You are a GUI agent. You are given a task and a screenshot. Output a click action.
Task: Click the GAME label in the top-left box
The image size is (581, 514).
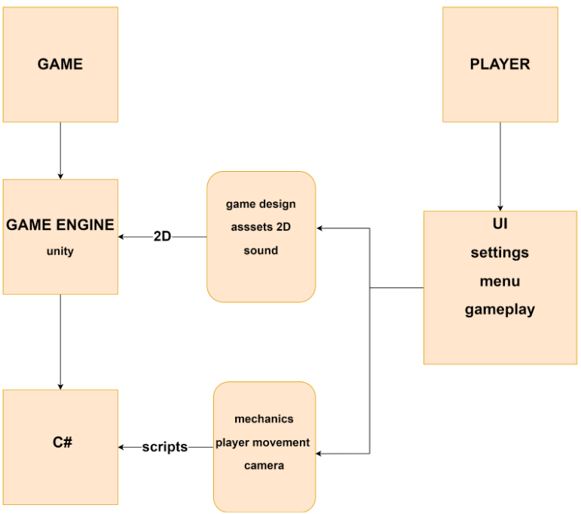[60, 64]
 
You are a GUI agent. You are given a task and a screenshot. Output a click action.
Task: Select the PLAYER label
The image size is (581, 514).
[500, 64]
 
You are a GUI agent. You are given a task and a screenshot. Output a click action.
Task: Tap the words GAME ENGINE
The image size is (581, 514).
[60, 225]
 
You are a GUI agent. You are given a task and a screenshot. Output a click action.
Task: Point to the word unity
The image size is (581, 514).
[60, 251]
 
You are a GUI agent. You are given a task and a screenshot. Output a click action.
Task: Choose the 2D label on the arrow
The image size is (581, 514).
[162, 237]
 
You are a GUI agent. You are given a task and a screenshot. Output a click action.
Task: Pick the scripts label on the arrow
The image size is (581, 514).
[164, 447]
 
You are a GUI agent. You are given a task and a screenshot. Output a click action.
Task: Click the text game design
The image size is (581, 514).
[261, 204]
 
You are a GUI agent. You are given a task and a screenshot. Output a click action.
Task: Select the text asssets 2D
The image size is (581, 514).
[261, 228]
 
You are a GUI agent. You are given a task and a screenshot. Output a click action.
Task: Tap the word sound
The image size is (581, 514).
[261, 250]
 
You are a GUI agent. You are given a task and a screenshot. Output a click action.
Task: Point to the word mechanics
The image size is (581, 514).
[264, 419]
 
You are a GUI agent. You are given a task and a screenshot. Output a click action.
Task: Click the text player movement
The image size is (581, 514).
[263, 442]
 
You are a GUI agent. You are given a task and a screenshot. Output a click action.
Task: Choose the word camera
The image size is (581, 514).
[264, 466]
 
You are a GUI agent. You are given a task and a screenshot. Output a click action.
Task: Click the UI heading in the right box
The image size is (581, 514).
[500, 224]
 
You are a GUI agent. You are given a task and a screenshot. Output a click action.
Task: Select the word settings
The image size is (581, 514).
[500, 252]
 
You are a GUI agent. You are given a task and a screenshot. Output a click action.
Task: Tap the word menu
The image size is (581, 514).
[500, 281]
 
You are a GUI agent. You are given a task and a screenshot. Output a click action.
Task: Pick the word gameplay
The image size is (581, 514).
[500, 310]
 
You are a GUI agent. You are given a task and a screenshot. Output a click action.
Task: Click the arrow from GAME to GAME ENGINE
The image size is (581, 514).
[60, 151]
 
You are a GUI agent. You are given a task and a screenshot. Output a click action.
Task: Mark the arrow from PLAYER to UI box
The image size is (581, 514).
[500, 166]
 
